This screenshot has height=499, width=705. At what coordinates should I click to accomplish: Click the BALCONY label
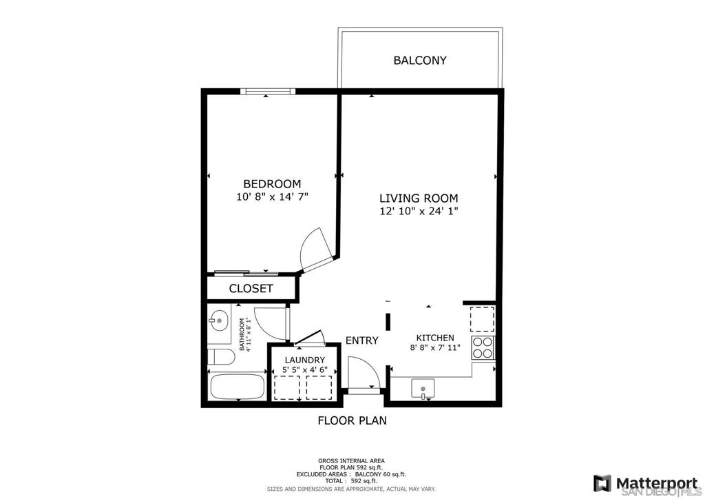(420, 60)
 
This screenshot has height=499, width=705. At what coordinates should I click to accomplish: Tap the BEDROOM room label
(272, 183)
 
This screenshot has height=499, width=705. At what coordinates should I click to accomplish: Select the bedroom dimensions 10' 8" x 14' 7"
(272, 196)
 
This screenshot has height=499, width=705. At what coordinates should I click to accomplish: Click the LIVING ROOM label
(419, 198)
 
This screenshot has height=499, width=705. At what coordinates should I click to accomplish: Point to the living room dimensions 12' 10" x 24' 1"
(419, 211)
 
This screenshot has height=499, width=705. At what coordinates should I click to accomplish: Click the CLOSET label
(251, 288)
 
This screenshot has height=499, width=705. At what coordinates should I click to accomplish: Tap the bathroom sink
(219, 320)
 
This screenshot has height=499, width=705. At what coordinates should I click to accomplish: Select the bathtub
(237, 387)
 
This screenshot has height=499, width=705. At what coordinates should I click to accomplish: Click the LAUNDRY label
(305, 360)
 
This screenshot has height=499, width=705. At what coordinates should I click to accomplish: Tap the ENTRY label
(362, 340)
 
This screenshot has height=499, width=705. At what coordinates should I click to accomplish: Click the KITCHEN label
(435, 338)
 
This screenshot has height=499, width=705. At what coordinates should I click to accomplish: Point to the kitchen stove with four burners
(483, 347)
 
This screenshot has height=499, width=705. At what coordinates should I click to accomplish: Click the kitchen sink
(423, 389)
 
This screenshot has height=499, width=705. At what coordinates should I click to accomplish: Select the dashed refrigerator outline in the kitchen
(483, 319)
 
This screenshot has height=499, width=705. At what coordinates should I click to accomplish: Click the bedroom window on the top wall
(268, 92)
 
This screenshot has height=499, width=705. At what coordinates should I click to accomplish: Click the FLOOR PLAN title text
(352, 420)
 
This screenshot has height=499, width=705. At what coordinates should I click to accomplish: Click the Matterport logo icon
(602, 483)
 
